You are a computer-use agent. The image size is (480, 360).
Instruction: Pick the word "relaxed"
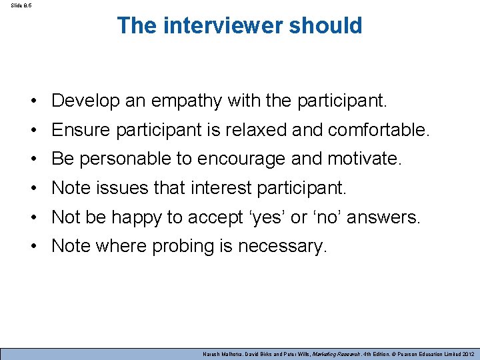[256, 130]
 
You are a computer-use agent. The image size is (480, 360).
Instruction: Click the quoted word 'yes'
[259, 217]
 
